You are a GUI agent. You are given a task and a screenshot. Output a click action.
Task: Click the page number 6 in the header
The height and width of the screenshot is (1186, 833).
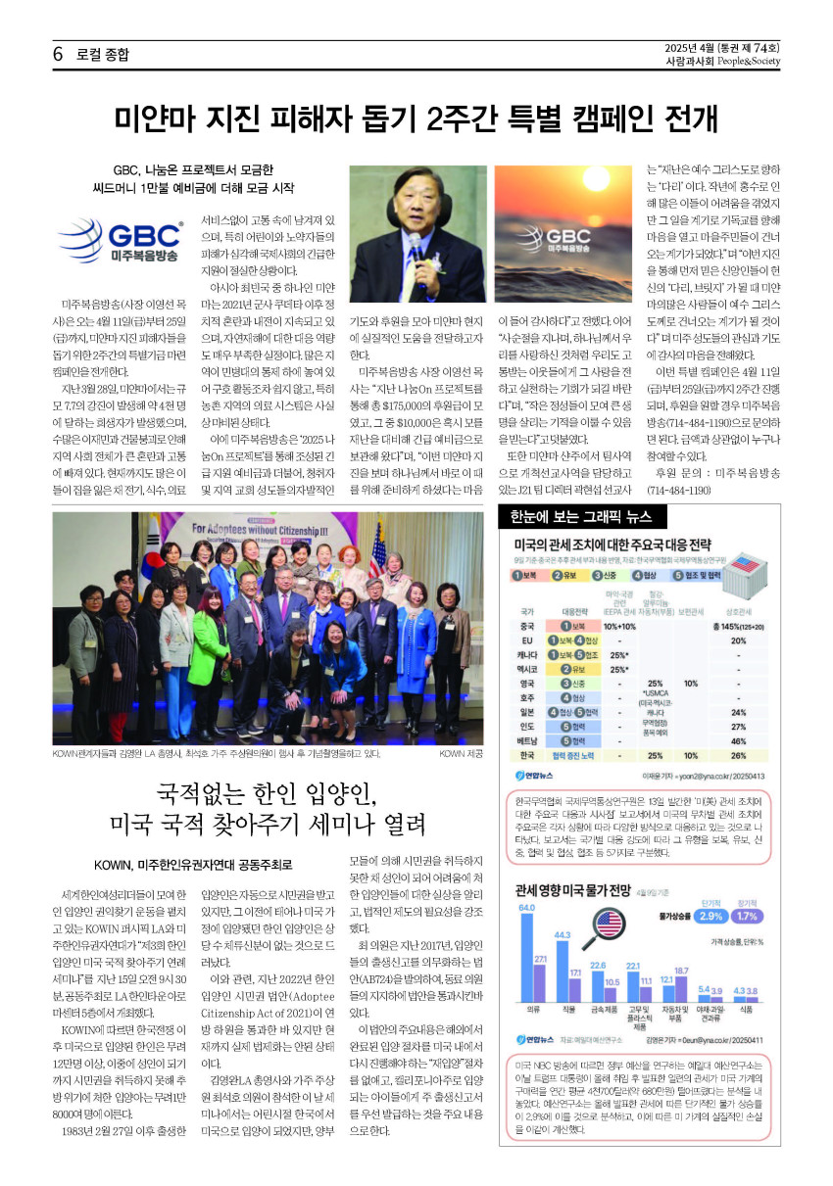[59, 54]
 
